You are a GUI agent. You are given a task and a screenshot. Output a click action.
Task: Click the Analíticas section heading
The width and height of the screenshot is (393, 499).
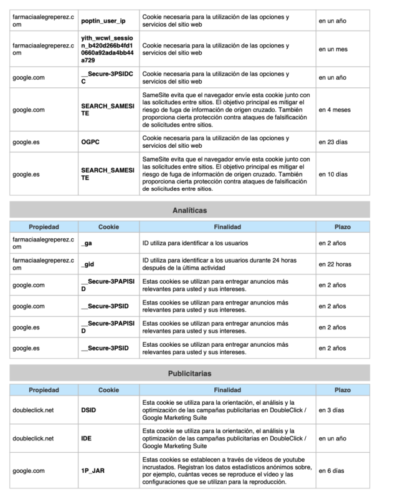coord(189,211)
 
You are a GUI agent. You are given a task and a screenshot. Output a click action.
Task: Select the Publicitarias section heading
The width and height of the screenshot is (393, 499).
coord(189,374)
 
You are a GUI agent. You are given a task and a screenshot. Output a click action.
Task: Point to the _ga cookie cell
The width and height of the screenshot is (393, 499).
coord(87,243)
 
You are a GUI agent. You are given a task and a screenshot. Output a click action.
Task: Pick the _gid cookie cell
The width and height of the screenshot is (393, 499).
coord(88,264)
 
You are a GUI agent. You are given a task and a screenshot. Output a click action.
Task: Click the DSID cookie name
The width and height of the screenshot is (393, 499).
coord(89,410)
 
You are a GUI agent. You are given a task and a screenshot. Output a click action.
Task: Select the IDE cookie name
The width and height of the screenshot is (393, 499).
coord(87,438)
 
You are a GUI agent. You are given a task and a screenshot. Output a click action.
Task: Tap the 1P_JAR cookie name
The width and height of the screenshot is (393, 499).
coord(92,470)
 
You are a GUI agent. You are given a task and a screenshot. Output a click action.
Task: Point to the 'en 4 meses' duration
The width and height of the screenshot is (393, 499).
coord(334,110)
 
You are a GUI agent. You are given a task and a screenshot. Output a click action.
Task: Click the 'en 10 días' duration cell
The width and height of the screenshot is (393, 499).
coord(333,174)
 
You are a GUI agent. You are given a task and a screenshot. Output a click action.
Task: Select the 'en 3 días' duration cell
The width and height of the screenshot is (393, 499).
coord(332,410)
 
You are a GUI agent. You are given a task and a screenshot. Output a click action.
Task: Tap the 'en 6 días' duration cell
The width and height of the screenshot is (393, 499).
coord(332,470)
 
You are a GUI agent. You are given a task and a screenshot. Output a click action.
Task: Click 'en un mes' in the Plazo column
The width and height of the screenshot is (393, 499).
coord(333,49)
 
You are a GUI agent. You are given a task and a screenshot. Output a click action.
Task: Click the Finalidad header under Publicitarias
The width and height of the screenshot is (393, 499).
coord(227,390)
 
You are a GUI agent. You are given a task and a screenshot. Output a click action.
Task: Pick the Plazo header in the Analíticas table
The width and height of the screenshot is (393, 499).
coord(343,227)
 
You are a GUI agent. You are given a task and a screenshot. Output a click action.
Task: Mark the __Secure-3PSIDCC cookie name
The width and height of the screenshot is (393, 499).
coord(108,77)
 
